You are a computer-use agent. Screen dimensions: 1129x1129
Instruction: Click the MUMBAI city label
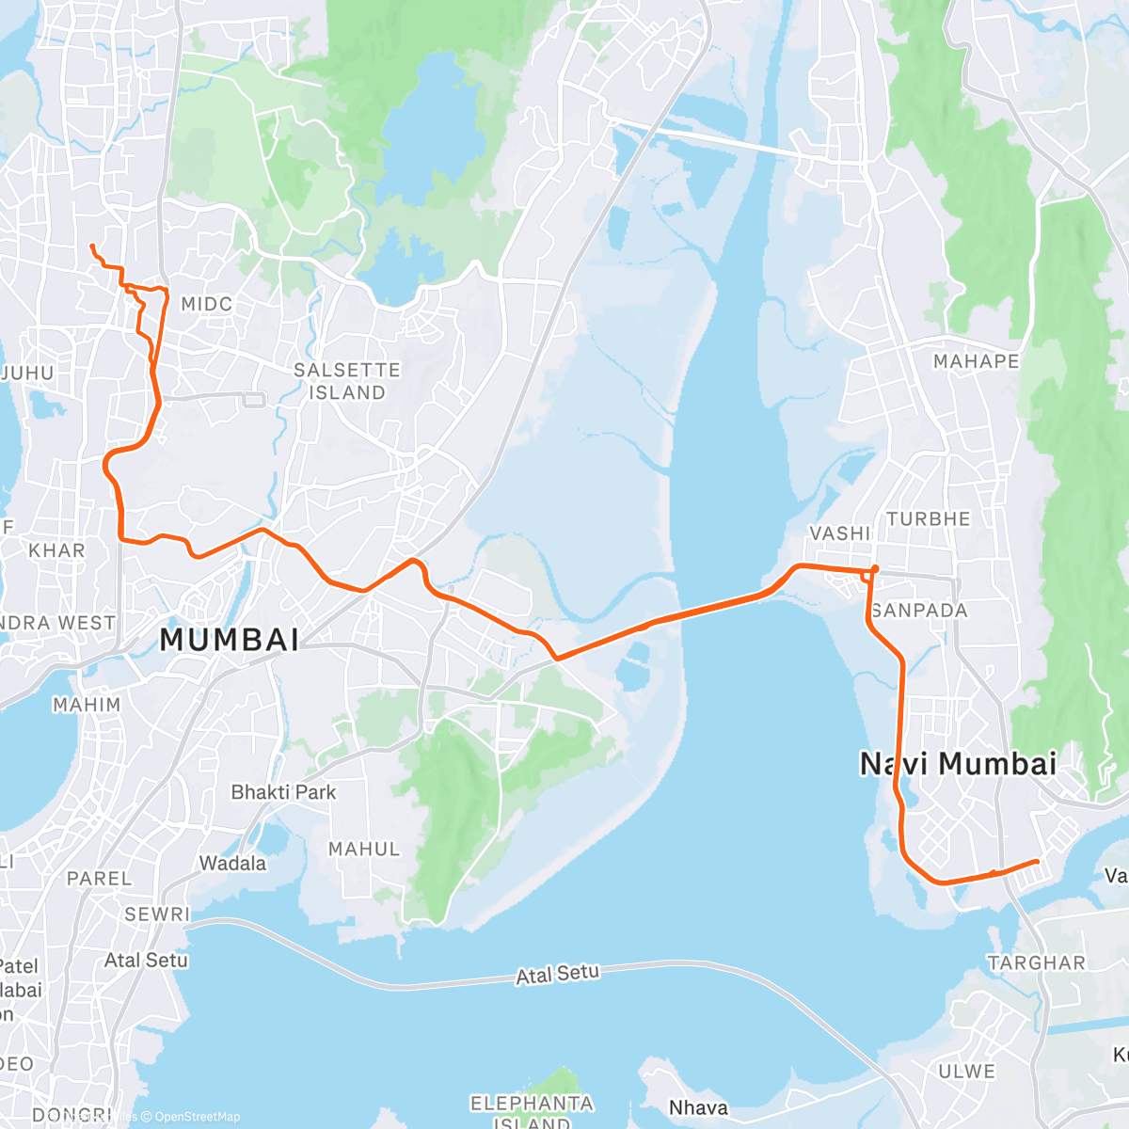[230, 640]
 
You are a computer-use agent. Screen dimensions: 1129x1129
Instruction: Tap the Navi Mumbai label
[959, 764]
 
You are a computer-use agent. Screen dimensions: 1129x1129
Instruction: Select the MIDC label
[206, 304]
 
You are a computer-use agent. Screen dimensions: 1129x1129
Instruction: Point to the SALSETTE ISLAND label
[347, 381]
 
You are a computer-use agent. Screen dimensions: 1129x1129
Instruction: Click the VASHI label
[840, 533]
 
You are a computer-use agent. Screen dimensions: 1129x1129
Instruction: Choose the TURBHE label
[928, 519]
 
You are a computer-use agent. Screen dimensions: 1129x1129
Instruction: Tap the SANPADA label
[919, 611]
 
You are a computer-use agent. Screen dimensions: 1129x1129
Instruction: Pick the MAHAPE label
[976, 361]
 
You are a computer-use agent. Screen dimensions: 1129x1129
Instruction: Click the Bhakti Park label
[283, 792]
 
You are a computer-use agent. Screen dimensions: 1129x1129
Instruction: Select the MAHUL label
[364, 849]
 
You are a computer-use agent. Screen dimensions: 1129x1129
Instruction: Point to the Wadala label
[232, 863]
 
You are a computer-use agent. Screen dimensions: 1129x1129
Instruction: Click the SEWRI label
[157, 914]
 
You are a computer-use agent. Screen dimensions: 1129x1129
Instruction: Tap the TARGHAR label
[1037, 962]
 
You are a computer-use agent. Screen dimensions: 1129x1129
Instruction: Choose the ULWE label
[966, 1071]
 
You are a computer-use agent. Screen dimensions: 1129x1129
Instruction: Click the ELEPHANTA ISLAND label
[532, 1111]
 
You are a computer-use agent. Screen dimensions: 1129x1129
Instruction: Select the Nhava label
[698, 1107]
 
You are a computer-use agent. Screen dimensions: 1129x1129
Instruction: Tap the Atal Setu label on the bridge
[557, 974]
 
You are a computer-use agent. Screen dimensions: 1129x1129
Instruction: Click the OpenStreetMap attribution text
[197, 1117]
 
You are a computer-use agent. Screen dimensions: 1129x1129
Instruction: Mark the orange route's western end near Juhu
[91, 246]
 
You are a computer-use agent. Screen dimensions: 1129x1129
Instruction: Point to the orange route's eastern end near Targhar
[1037, 861]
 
